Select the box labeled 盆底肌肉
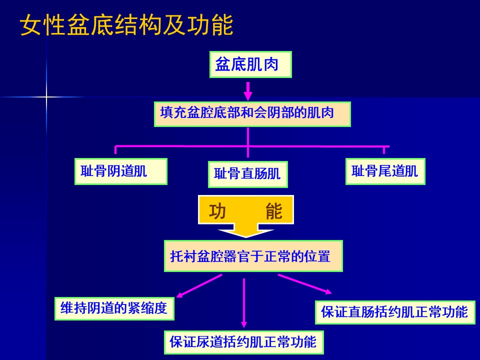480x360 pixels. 250,64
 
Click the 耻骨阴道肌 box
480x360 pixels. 120,171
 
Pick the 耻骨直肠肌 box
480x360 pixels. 247,174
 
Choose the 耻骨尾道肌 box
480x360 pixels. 385,171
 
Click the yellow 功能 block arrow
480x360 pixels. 246,215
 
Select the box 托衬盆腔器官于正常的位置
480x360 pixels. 253,256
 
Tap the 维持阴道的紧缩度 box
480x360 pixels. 114,308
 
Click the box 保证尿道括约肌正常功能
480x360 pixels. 243,342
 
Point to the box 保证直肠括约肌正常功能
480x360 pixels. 395,312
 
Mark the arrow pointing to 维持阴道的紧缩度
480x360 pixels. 199,286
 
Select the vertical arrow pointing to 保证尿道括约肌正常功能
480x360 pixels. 244,302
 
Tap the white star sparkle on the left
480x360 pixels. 47,96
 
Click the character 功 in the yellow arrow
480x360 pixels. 218,211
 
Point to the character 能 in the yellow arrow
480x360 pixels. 274,211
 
